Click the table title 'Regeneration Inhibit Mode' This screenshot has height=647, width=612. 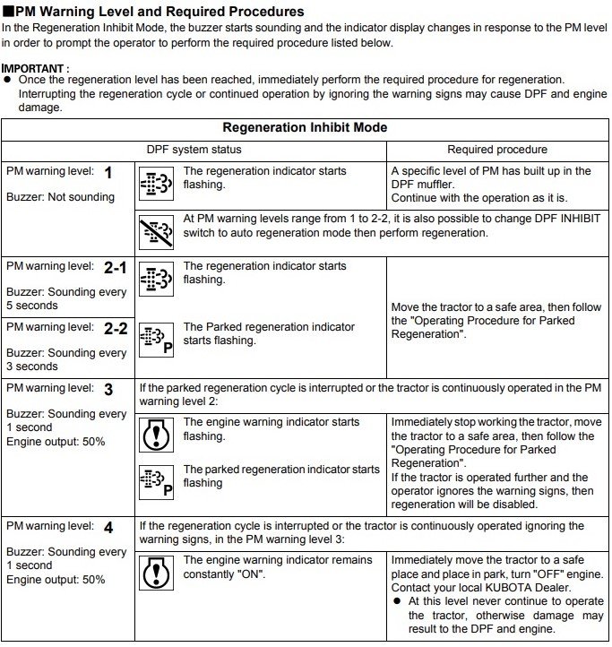coord(305,127)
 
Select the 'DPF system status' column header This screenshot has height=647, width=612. coord(194,150)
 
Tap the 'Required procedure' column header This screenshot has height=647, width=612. coord(497,150)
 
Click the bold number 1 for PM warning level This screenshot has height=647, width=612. coord(108,173)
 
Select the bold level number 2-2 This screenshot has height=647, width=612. coord(116,329)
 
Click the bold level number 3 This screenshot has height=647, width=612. coord(108,390)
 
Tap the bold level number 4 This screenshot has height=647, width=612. coord(108,528)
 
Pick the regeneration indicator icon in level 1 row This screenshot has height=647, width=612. coord(157,185)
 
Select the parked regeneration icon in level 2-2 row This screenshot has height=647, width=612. coord(157,340)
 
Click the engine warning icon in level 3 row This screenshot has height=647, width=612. coord(157,435)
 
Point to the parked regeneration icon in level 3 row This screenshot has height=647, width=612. coord(157,481)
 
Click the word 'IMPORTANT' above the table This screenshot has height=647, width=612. coord(33,68)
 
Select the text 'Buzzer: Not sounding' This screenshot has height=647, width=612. coord(60,197)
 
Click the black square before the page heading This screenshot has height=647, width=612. coord(7,13)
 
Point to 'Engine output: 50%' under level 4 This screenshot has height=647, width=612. coord(56,580)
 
